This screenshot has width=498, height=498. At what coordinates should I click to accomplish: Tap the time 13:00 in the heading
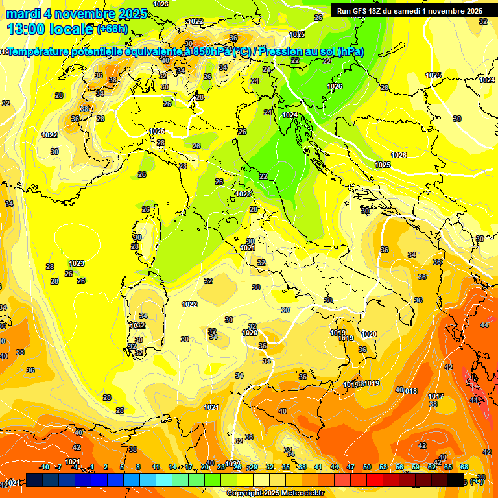click(26, 29)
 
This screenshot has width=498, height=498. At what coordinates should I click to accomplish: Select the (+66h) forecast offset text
click(112, 29)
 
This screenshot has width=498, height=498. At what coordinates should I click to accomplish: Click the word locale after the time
click(71, 29)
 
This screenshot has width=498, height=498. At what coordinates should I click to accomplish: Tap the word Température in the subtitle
click(43, 52)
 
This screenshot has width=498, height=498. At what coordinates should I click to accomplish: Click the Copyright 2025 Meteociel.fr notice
click(275, 493)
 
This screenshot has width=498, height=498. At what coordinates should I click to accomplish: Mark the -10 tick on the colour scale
click(44, 467)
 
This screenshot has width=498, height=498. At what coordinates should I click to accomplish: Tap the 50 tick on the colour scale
click(367, 467)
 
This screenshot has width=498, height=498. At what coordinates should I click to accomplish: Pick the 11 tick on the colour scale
click(156, 467)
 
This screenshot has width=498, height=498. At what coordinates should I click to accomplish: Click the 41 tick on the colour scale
click(318, 467)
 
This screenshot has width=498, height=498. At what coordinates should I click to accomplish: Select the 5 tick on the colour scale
click(123, 467)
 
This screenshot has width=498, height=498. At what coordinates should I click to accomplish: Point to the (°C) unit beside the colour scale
click(477, 481)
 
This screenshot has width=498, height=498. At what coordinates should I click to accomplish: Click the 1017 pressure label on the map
click(436, 396)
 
